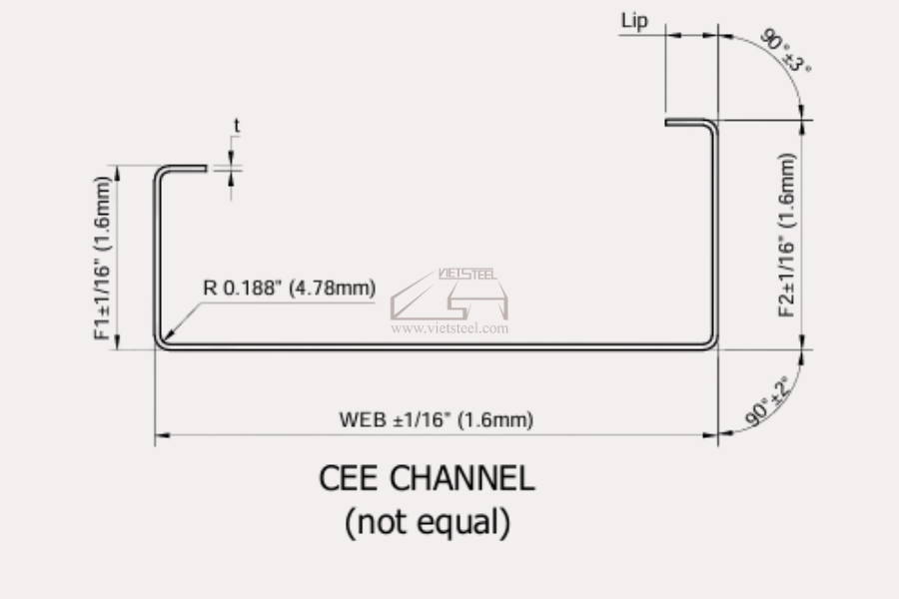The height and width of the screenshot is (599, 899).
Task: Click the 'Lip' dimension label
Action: pos(634,21)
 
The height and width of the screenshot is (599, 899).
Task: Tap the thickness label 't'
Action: pos(236,125)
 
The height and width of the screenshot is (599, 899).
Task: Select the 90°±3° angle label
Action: pos(785,50)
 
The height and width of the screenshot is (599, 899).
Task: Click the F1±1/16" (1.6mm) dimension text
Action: pos(102,258)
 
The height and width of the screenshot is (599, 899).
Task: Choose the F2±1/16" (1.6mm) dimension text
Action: pos(787,235)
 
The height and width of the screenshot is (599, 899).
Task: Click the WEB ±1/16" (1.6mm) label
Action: pos(437,419)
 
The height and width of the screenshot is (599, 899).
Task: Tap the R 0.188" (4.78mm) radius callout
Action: pos(290,288)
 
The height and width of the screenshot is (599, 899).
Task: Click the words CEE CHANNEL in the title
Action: pos(428,478)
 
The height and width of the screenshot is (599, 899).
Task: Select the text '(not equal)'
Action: pos(428,521)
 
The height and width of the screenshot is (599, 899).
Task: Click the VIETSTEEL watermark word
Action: pos(467,274)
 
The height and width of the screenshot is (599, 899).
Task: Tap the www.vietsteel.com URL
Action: pos(449,328)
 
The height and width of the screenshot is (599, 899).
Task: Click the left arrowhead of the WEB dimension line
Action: pos(163,435)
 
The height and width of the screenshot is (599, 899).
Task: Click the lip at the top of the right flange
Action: pos(687,122)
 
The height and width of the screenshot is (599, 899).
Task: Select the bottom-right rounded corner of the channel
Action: pos(711,342)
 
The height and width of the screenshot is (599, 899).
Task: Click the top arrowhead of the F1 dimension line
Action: pos(118,173)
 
